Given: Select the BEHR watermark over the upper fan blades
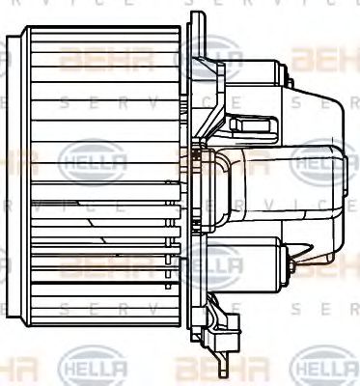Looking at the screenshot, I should [x=97, y=60].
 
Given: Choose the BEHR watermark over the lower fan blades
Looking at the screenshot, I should [x=97, y=262].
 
